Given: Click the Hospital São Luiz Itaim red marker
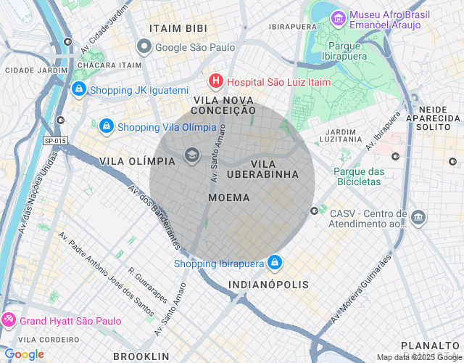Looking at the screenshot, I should [215, 82].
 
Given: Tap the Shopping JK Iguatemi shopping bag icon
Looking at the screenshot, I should [78, 90].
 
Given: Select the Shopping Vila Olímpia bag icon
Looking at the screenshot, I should [107, 127].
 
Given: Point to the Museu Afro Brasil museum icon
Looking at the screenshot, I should [338, 18].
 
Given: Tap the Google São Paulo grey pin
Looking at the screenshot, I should [144, 47].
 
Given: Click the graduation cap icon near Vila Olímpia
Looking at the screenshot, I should [192, 155].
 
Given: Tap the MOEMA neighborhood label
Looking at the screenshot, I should [228, 197].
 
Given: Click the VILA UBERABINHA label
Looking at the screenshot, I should [262, 169].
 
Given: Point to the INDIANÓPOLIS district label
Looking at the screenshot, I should [268, 285].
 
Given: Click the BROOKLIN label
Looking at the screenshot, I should [141, 356].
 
